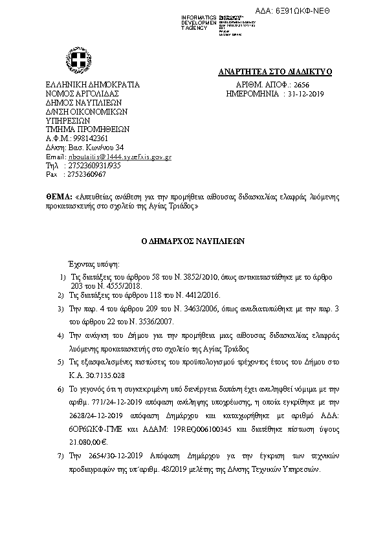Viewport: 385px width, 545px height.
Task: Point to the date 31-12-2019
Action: pos(305,94)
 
